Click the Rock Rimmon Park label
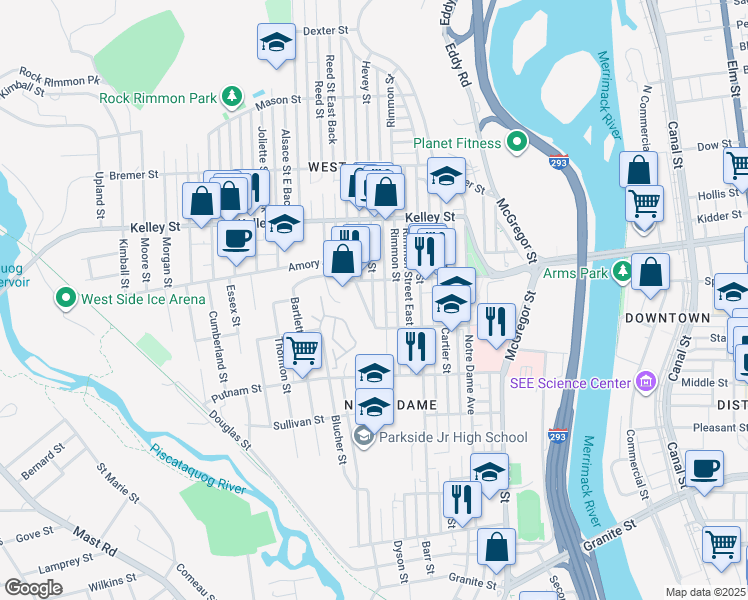tap(159, 98)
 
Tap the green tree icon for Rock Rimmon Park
tap(232, 97)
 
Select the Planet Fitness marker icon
tap(516, 143)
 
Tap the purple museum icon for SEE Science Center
tap(646, 382)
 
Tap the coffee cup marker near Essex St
tap(236, 239)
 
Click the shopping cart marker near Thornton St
tap(302, 350)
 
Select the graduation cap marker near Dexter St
tap(276, 43)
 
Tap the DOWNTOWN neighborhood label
tap(667, 318)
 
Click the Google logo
tap(33, 587)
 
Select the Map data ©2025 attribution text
tap(706, 592)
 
